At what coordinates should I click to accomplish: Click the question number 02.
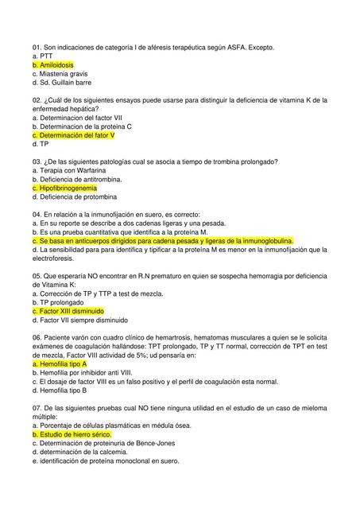click(37, 99)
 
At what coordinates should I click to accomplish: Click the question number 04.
click(37, 215)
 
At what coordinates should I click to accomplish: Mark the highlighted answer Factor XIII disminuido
click(72, 312)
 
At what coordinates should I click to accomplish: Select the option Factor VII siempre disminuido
click(80, 321)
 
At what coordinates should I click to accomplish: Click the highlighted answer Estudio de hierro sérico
click(76, 435)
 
